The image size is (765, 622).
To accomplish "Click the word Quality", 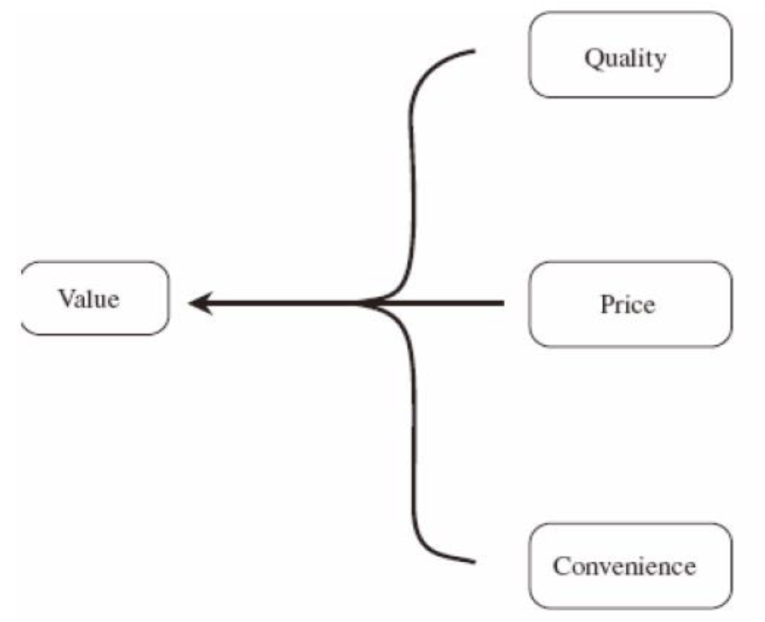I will pyautogui.click(x=625, y=58).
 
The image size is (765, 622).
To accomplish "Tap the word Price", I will pyautogui.click(x=627, y=304).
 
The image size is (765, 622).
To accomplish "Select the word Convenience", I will pyautogui.click(x=625, y=566).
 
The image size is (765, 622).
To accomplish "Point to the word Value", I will pyautogui.click(x=89, y=298).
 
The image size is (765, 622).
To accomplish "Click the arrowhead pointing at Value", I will pyautogui.click(x=198, y=302).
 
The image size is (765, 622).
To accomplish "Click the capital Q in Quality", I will pyautogui.click(x=594, y=58).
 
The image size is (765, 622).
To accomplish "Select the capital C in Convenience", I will pyautogui.click(x=562, y=566).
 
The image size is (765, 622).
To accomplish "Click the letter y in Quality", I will pyautogui.click(x=659, y=61).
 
